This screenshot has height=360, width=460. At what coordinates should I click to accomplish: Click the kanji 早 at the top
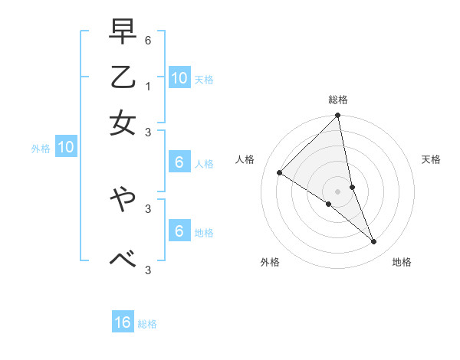click(x=123, y=33)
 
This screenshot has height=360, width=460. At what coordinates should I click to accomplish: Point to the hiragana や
click(x=123, y=201)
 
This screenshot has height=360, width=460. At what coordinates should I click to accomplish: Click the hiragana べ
click(x=123, y=259)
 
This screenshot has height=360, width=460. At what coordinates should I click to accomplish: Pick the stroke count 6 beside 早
click(x=148, y=40)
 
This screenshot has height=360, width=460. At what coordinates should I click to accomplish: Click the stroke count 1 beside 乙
click(x=148, y=86)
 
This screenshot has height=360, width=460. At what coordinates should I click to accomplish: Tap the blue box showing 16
click(x=123, y=323)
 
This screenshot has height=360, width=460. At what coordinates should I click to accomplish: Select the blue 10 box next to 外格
click(x=66, y=148)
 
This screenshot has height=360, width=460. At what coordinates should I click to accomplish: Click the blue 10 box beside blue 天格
click(x=179, y=77)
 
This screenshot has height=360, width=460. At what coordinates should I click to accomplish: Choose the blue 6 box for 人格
click(x=179, y=162)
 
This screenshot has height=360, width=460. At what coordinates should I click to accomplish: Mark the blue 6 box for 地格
click(x=179, y=231)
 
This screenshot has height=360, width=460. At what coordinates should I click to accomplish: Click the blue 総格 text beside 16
click(x=147, y=324)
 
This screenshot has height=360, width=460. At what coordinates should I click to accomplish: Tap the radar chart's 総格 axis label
click(x=338, y=100)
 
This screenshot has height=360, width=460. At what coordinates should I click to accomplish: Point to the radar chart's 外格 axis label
click(x=270, y=263)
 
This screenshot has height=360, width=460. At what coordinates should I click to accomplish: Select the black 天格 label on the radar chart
click(x=431, y=159)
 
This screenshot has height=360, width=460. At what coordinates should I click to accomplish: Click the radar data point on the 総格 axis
click(x=338, y=116)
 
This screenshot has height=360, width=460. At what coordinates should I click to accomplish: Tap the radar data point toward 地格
click(x=374, y=242)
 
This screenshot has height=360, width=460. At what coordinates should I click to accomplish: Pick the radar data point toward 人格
click(x=280, y=173)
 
